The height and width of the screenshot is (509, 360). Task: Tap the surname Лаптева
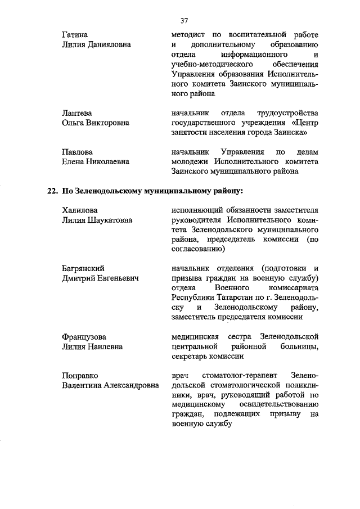76,113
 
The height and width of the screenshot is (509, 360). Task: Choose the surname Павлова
77,152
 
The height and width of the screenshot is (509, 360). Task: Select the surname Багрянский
84,268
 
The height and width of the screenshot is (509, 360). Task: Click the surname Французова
84,336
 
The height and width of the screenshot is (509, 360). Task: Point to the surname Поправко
81,375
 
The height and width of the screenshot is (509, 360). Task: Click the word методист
188,35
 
